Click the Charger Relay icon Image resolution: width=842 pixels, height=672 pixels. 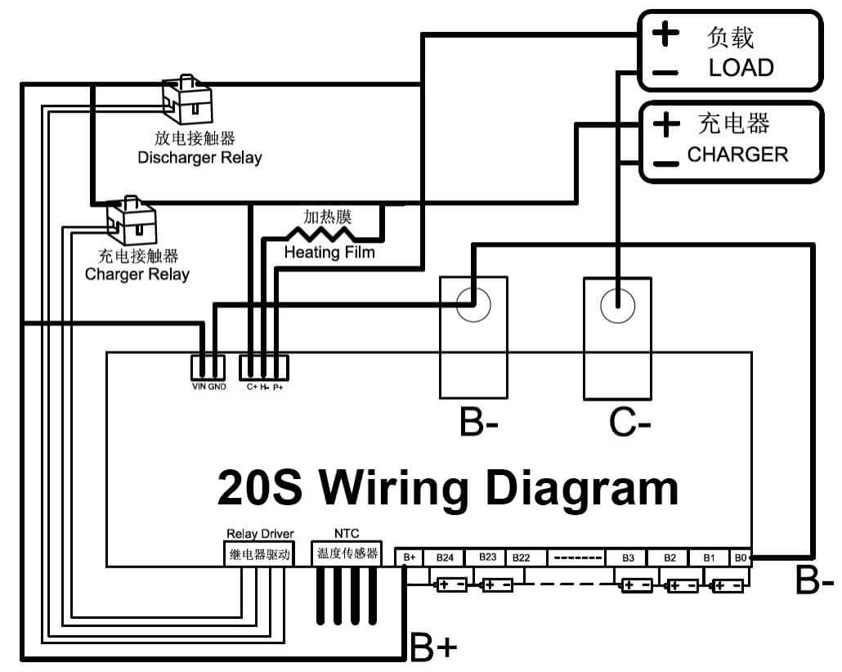[x=132, y=218]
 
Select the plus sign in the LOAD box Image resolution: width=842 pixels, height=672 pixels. [x=665, y=34]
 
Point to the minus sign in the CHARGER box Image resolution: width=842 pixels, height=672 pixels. [x=666, y=164]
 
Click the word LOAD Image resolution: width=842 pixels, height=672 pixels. [x=741, y=68]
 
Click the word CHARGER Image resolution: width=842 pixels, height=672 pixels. [x=737, y=155]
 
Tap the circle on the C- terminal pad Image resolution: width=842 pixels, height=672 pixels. [x=617, y=306]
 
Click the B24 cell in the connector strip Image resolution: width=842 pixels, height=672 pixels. [x=444, y=558]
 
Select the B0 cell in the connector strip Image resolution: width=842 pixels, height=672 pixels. [x=741, y=558]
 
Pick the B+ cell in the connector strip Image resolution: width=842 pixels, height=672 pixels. [x=409, y=558]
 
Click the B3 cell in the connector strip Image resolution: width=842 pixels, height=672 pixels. [x=627, y=558]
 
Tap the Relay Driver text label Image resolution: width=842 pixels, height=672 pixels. [x=259, y=534]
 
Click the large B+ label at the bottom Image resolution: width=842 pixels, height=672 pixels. [x=433, y=647]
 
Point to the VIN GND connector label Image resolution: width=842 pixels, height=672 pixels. [x=208, y=387]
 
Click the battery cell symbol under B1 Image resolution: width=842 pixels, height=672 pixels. [x=727, y=586]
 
